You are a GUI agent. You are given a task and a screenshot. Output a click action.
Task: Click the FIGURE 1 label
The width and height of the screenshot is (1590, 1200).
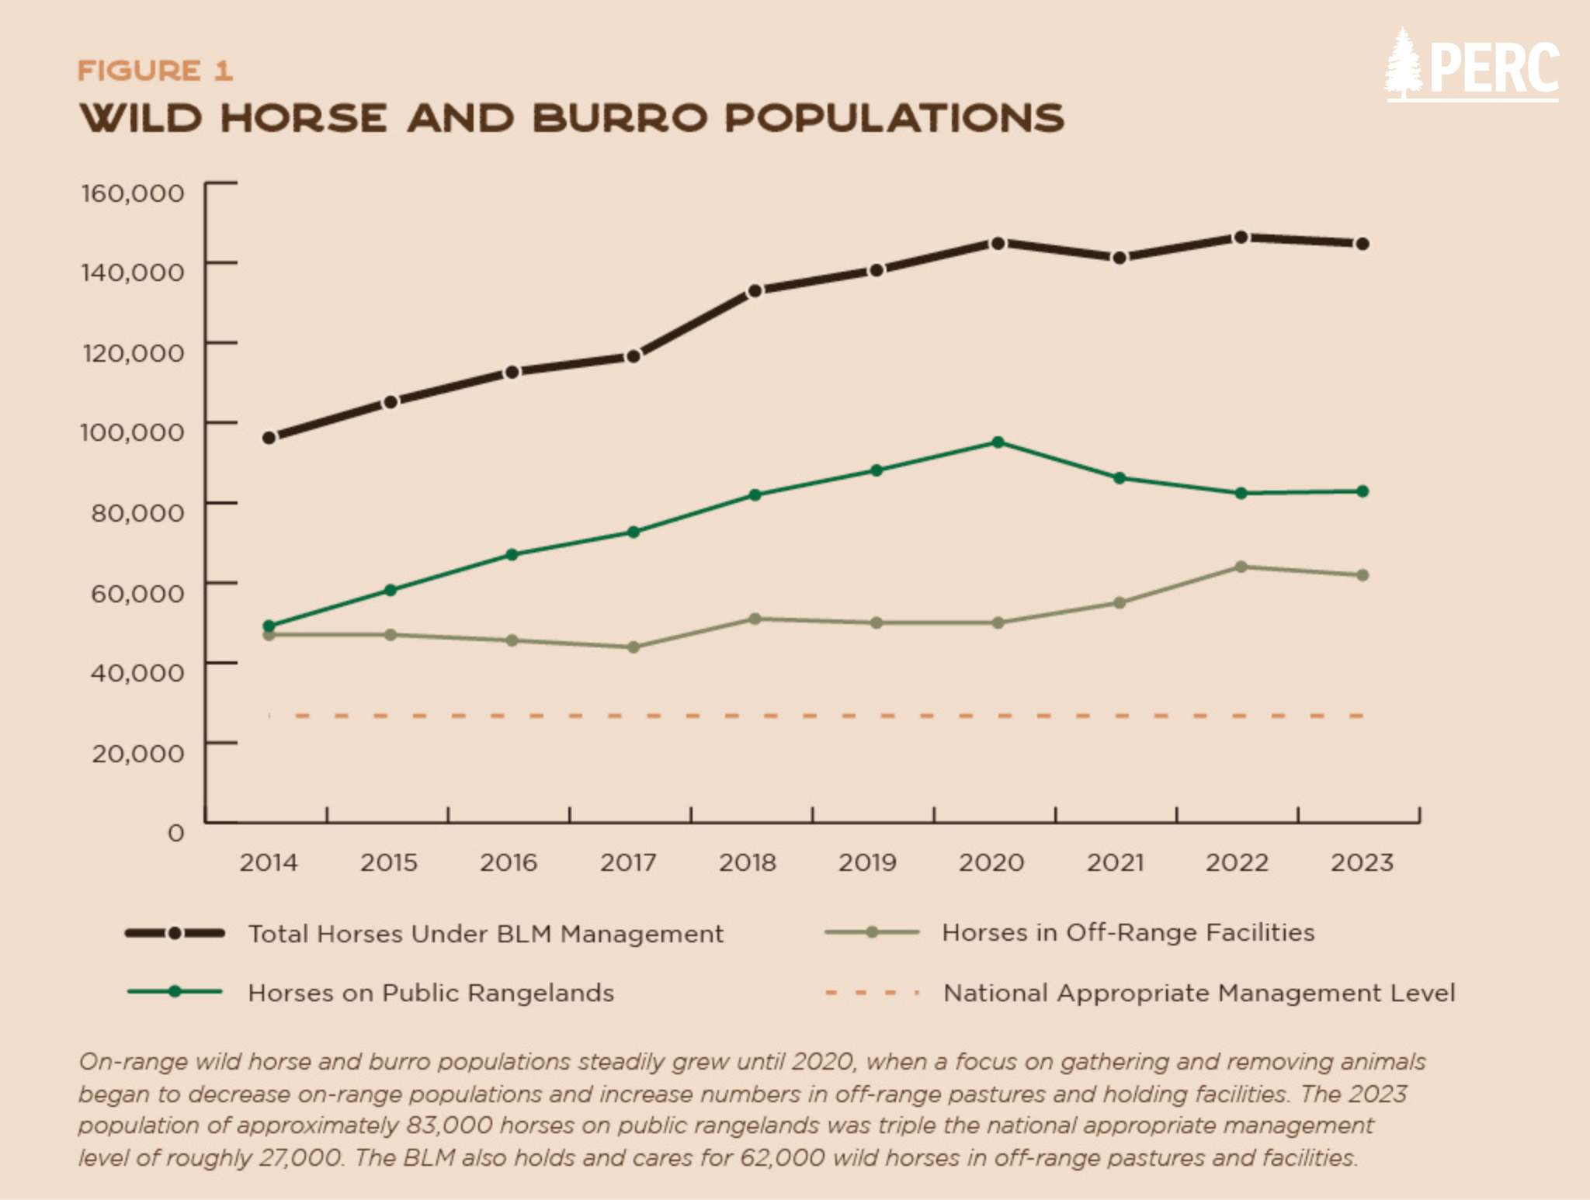point(155,71)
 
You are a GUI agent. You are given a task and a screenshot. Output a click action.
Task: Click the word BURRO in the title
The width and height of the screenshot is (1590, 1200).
point(620,118)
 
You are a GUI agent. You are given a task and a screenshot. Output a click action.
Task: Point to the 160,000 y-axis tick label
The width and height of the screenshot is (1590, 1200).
point(133,192)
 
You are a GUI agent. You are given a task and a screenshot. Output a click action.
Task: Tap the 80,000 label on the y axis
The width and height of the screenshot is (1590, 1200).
point(137,512)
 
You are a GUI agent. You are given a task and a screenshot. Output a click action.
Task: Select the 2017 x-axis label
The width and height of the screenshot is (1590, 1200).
point(628,862)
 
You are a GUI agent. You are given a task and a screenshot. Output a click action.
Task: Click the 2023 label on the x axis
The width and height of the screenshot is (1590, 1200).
point(1363,862)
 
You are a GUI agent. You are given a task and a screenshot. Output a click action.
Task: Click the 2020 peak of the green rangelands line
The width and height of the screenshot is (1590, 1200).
point(998,442)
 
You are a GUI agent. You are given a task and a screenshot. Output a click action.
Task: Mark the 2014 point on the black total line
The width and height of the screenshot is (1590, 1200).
point(269,438)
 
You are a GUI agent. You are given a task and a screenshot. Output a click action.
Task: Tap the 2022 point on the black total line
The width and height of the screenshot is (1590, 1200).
point(1241,237)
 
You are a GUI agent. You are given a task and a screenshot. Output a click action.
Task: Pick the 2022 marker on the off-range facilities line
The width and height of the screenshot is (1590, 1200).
point(1241,567)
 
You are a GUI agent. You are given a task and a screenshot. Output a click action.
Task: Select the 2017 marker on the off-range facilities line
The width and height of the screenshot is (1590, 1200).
point(634,647)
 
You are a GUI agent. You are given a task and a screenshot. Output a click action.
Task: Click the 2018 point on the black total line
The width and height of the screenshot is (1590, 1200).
point(755,291)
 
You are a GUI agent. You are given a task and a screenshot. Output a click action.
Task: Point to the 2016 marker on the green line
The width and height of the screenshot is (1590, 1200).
point(512,554)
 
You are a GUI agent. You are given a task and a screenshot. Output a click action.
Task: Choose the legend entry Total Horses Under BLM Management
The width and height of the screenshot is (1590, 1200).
point(486,934)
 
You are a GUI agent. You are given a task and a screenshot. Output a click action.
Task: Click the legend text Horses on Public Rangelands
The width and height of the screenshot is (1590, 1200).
point(431,993)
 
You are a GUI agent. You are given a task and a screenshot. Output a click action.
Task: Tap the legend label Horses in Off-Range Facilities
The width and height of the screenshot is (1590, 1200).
point(1128,932)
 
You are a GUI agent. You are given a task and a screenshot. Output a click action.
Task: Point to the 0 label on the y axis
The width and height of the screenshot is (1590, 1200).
point(176,833)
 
